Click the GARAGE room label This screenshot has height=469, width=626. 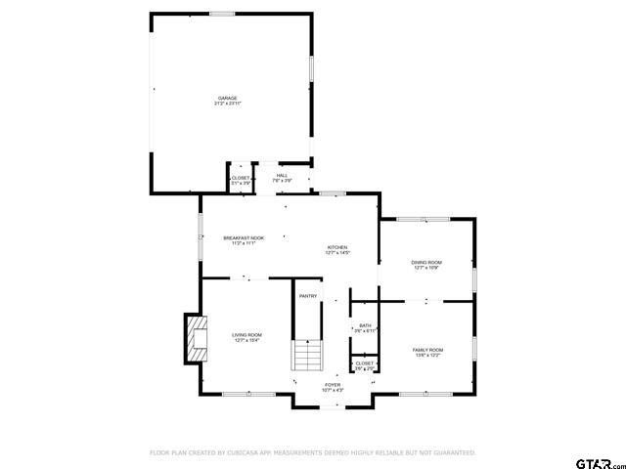[227, 98]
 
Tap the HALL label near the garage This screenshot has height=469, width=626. [282, 176]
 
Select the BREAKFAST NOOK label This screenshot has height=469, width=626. [244, 238]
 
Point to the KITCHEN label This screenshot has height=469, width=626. [337, 247]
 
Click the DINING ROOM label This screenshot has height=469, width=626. [426, 262]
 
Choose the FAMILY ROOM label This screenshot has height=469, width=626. [427, 349]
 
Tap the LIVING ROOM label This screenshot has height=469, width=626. [246, 334]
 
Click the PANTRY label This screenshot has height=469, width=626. [308, 296]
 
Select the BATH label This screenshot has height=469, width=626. [365, 325]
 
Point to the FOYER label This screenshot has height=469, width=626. [333, 385]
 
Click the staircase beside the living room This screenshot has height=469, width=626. [307, 356]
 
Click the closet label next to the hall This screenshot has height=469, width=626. [241, 178]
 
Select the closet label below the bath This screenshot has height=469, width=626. [364, 362]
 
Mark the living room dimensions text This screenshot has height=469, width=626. [246, 340]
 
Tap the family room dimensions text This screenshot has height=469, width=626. [427, 355]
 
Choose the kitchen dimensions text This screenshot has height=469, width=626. [337, 253]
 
